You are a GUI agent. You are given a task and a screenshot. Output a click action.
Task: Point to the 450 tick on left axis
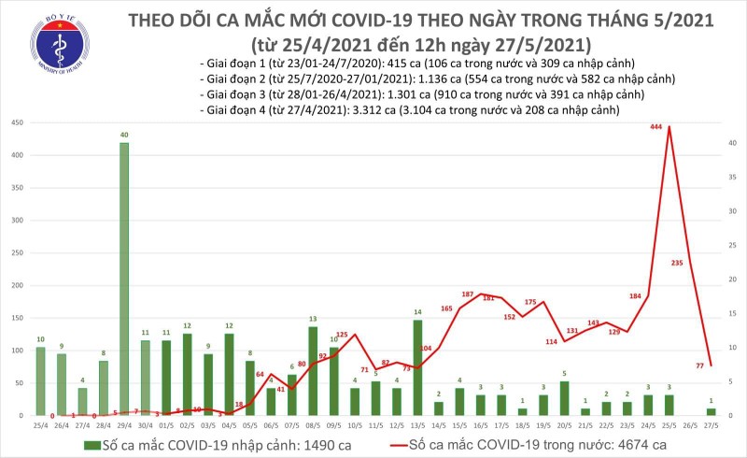click(x=17, y=122)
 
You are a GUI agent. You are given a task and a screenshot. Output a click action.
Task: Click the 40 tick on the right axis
click(x=733, y=143)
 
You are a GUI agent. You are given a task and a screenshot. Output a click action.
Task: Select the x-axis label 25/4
click(x=41, y=423)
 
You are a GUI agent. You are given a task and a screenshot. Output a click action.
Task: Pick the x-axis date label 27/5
click(x=711, y=423)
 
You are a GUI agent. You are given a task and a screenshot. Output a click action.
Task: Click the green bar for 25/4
click(x=40, y=380)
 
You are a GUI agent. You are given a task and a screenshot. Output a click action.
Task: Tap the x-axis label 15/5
click(x=458, y=423)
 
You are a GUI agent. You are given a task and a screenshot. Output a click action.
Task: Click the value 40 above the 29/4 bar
click(x=123, y=135)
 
